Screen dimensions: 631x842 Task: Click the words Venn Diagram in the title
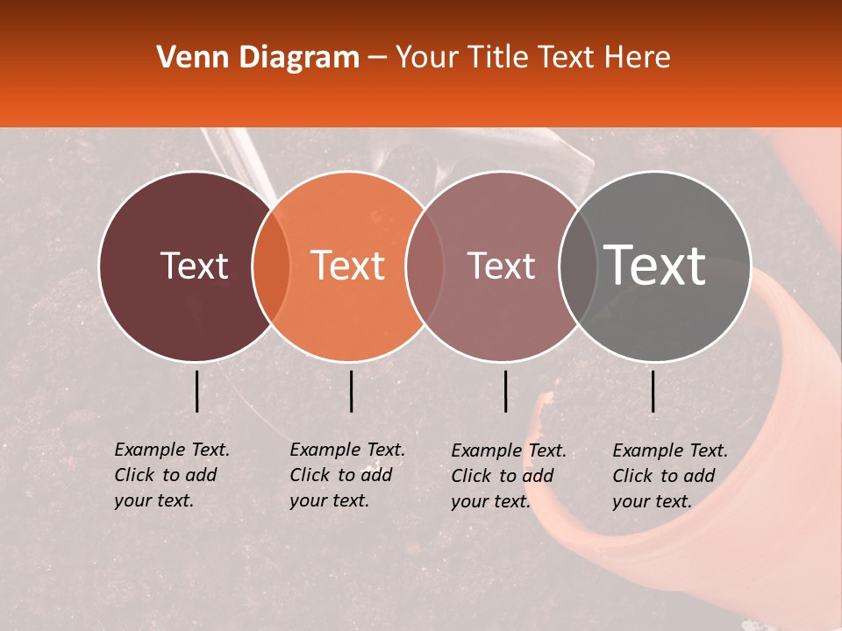258,58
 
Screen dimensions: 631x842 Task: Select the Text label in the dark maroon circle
194,266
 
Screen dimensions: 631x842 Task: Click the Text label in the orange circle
348,266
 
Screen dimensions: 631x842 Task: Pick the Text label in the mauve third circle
502,266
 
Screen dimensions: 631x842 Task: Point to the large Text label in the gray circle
655,266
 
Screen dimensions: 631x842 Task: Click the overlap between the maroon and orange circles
271,266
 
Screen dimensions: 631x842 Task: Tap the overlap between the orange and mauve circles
425,266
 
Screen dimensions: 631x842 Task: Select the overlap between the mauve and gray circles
578,266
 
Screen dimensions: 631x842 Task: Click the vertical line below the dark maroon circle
196,391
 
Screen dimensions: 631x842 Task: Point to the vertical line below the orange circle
351,391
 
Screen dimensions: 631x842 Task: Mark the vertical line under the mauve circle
505,391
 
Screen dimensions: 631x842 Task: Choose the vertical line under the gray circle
653,391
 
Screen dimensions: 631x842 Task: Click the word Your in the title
428,58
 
